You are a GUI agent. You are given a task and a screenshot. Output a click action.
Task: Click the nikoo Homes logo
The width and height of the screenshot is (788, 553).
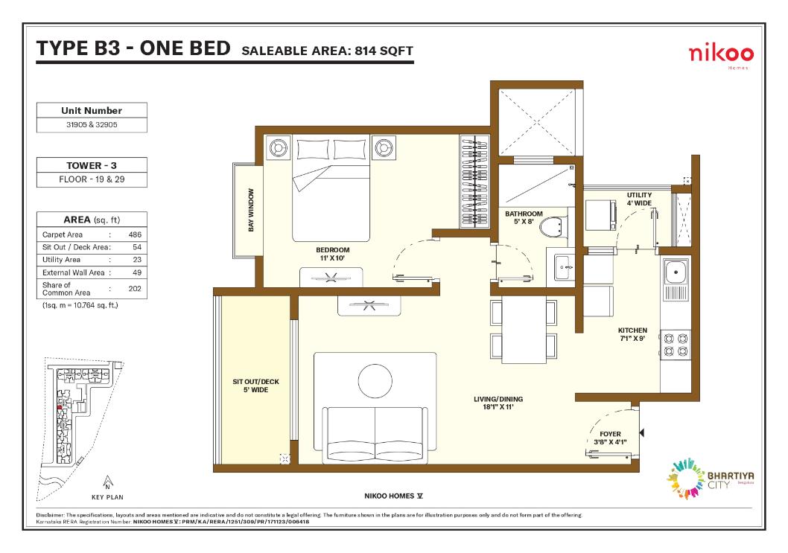pyautogui.click(x=721, y=55)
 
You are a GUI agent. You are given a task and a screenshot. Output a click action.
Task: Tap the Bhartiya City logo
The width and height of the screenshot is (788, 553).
pyautogui.click(x=710, y=479)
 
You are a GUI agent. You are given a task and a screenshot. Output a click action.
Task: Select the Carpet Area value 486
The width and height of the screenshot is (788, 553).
pyautogui.click(x=135, y=234)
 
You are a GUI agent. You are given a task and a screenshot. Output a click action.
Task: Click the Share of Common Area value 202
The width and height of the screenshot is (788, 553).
pyautogui.click(x=135, y=289)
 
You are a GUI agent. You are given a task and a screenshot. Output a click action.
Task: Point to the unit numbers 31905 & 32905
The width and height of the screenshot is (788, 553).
pyautogui.click(x=92, y=124)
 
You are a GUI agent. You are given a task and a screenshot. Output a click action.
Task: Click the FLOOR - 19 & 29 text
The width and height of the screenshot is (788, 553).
pyautogui.click(x=92, y=179)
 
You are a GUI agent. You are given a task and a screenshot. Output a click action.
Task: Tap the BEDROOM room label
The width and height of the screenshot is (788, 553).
pyautogui.click(x=333, y=250)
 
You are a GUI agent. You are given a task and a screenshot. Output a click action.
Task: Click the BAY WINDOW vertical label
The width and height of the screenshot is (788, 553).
pyautogui.click(x=251, y=210)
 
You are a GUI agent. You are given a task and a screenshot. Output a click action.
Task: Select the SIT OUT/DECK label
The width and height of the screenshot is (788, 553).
pyautogui.click(x=255, y=382)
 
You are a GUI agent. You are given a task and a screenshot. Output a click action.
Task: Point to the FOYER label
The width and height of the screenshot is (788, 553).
pyautogui.click(x=610, y=434)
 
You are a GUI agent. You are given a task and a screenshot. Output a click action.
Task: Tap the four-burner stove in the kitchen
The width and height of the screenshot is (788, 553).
pyautogui.click(x=676, y=345)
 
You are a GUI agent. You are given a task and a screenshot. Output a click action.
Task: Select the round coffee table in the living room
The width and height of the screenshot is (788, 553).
pyautogui.click(x=375, y=381)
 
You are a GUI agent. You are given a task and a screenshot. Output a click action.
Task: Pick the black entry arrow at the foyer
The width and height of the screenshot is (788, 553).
pyautogui.click(x=641, y=432)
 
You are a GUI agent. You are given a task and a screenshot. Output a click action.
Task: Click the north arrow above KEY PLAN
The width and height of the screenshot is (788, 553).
pyautogui.click(x=107, y=482)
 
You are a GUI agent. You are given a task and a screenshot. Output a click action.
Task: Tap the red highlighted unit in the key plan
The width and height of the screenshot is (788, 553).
pyautogui.click(x=60, y=407)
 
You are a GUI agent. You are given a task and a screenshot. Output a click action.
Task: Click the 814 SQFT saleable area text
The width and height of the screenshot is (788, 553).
pyautogui.click(x=384, y=51)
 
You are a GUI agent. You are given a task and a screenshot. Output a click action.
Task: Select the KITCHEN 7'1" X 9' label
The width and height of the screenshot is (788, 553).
pyautogui.click(x=632, y=334)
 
